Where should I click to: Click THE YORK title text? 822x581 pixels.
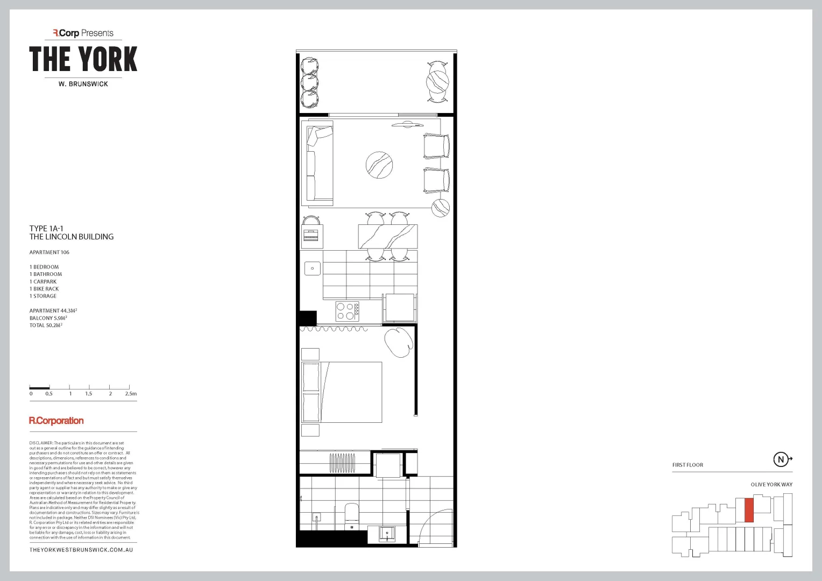tap(83, 59)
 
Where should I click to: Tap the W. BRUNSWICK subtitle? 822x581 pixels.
tap(83, 84)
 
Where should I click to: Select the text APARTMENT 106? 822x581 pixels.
tap(49, 252)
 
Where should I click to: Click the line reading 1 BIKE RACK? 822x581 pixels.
tap(44, 289)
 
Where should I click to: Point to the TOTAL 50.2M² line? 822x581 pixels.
tap(46, 325)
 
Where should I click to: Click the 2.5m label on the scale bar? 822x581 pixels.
tap(131, 394)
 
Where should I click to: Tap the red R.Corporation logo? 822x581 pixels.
tap(56, 421)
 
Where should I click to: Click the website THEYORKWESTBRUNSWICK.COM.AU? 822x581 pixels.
tap(81, 550)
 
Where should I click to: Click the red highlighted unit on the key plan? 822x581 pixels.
tap(749, 510)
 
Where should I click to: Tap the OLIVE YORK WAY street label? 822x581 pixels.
tap(771, 485)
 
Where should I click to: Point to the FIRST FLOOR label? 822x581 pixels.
tap(688, 465)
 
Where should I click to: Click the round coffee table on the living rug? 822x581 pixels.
tap(379, 165)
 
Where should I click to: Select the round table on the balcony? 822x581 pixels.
tap(437, 82)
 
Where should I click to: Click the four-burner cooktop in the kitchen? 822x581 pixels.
tap(347, 311)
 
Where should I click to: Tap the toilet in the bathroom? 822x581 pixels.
tap(351, 514)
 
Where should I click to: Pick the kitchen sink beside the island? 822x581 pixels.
tap(313, 268)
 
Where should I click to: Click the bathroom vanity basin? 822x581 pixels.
tap(387, 534)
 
